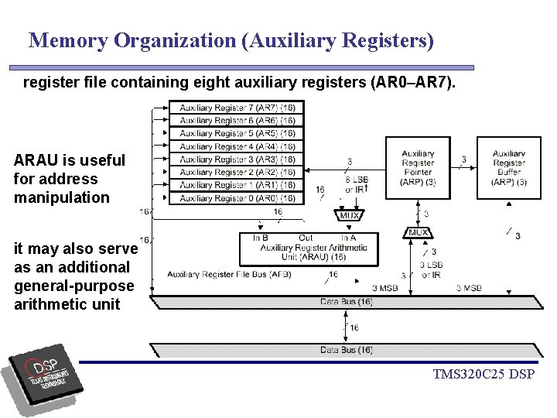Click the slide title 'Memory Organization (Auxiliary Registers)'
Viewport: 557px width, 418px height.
(x=231, y=40)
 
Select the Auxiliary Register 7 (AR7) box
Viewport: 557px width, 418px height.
(x=237, y=108)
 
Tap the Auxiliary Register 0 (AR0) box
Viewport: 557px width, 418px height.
(x=237, y=198)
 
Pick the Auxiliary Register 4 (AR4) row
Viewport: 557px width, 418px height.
(x=237, y=146)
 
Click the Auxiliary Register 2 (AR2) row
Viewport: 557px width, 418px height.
(x=237, y=172)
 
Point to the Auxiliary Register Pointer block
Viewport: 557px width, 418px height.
(x=418, y=168)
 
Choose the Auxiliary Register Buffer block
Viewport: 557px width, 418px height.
(x=508, y=168)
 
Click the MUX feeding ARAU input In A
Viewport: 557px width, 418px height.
(x=349, y=216)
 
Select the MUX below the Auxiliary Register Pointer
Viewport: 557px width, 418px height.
(x=419, y=232)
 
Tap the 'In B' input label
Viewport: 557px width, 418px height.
(x=260, y=238)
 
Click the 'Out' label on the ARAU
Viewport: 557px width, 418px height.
(x=306, y=238)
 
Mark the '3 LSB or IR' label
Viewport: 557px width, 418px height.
(x=432, y=270)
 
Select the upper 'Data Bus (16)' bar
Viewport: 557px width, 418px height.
(x=346, y=302)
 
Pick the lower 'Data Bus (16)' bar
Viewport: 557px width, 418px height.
(x=346, y=350)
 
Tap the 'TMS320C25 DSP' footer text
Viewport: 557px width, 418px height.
(x=484, y=375)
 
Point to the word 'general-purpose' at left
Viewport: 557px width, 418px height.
(x=73, y=286)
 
